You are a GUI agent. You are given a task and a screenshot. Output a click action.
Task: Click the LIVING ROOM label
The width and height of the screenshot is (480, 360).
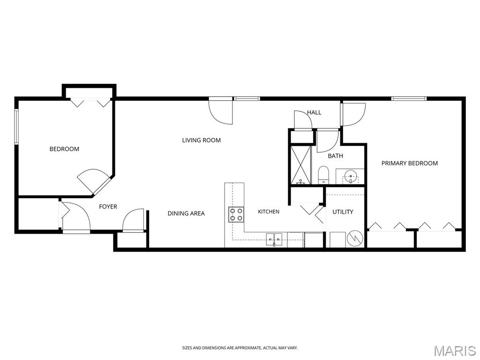202,140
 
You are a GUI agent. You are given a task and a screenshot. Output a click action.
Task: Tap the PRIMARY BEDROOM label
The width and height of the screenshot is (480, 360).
410,163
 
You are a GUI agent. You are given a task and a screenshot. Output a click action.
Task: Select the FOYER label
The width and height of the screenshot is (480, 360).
108,207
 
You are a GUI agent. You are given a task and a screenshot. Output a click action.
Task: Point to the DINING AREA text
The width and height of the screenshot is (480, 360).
186,213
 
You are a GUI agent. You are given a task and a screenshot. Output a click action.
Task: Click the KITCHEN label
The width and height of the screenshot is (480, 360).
269,211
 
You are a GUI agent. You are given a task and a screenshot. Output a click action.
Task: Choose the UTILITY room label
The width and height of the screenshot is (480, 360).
343,212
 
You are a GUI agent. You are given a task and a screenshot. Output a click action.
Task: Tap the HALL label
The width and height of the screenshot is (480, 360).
315,112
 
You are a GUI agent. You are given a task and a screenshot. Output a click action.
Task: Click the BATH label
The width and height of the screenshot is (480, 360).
336,156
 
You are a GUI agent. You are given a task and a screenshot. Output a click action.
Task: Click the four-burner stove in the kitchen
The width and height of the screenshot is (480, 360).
236,214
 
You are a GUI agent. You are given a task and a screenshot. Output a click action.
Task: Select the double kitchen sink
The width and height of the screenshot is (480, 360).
274,239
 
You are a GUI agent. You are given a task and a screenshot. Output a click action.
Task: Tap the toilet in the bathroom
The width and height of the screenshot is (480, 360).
323,175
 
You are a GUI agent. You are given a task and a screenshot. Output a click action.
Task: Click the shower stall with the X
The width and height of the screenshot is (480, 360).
300,165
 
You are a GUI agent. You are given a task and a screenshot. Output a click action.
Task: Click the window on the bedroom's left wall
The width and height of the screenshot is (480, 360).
16,127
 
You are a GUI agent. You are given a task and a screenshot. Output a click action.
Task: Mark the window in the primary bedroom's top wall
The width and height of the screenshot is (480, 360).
409,98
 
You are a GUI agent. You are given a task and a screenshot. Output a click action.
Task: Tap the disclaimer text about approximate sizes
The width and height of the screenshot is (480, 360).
240,348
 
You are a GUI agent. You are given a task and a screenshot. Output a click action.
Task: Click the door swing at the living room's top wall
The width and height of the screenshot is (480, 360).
221,112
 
